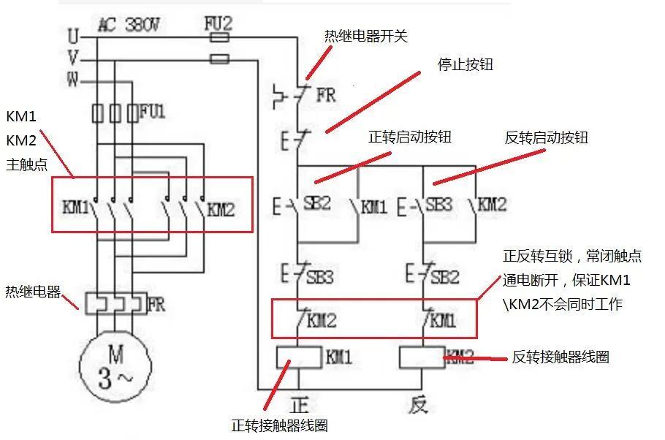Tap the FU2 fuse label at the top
(x=218, y=24)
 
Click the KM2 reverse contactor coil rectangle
(x=422, y=357)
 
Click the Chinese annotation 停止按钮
(x=465, y=65)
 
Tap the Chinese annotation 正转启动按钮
(x=410, y=137)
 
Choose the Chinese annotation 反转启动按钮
(x=546, y=137)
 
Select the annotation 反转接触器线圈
(x=560, y=357)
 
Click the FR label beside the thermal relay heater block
(x=156, y=303)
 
